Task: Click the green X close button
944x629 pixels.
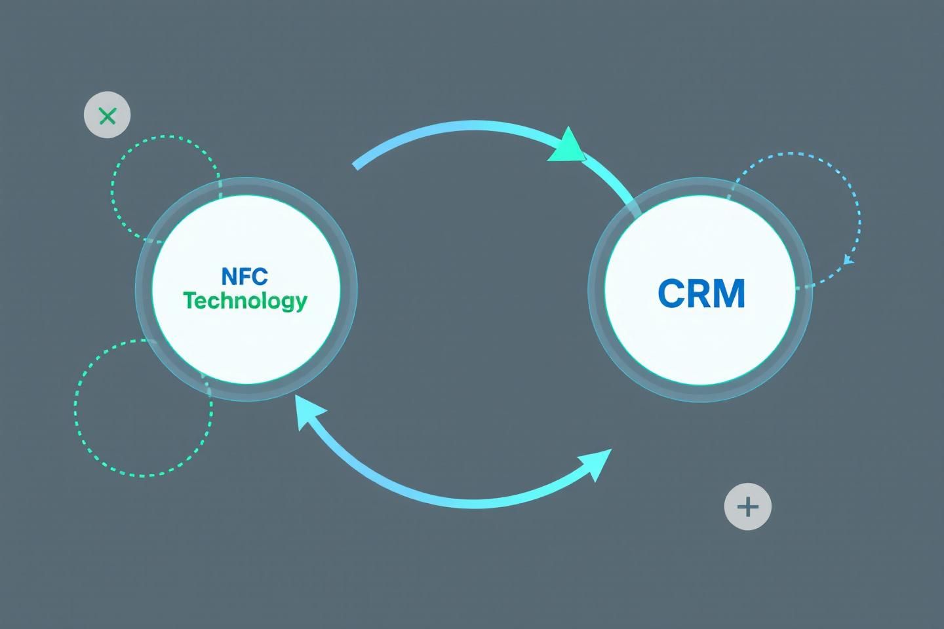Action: [x=108, y=115]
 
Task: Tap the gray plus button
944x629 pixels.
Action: [x=747, y=506]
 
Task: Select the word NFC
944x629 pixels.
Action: [x=245, y=276]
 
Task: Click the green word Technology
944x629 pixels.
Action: [x=245, y=301]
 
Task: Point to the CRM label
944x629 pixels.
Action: [x=701, y=294]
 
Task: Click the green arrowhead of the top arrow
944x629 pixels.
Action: [x=568, y=145]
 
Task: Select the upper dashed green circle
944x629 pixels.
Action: [x=113, y=190]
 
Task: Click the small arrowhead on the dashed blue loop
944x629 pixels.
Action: [x=848, y=259]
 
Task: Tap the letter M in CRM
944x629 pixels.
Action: [x=730, y=294]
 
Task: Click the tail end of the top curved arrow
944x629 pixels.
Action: [x=356, y=164]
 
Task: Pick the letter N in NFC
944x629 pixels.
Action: [x=229, y=276]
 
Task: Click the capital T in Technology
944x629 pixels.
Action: [x=189, y=300]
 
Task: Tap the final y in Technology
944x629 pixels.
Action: [x=301, y=303]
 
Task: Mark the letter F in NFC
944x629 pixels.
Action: [x=245, y=276]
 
